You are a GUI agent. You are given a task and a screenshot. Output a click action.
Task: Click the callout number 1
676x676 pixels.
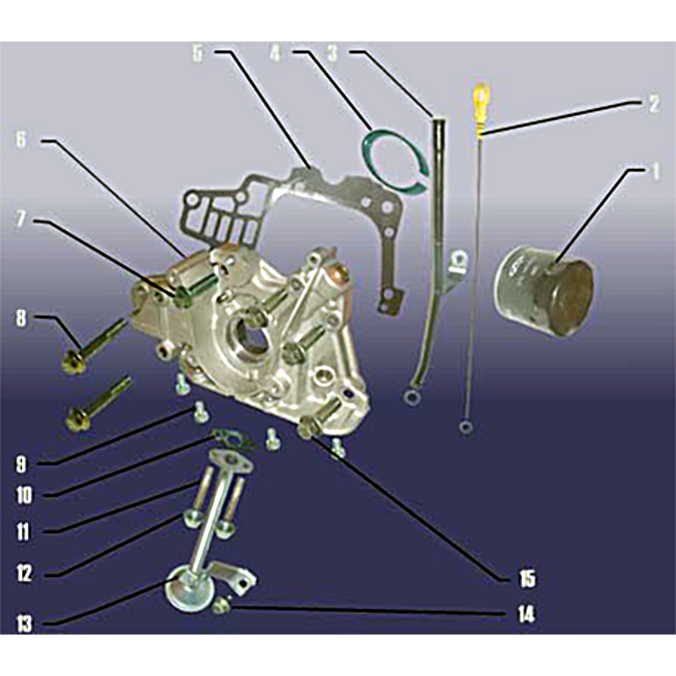[655, 172]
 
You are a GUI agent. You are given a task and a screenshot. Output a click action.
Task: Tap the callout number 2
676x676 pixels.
[653, 103]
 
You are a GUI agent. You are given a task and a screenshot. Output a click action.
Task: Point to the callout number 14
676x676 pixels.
[526, 613]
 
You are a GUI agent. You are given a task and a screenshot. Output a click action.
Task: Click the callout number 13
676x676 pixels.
[25, 623]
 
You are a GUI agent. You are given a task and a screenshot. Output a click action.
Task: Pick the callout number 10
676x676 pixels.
[25, 495]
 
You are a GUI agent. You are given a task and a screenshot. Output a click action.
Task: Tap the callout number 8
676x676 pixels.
[20, 319]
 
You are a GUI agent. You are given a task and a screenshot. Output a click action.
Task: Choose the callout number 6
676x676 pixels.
[20, 139]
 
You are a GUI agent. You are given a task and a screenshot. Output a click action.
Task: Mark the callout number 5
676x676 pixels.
[197, 53]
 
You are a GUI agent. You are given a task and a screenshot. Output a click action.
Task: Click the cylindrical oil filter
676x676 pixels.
[545, 291]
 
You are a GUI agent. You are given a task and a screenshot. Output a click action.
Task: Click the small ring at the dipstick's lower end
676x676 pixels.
[466, 428]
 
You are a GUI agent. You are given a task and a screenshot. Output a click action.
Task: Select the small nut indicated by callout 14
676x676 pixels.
[221, 607]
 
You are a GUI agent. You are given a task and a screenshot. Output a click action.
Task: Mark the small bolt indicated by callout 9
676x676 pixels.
[200, 412]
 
